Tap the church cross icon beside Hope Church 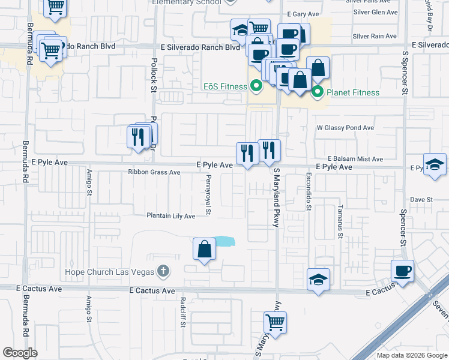click(x=161, y=271)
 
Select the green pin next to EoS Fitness click(x=256, y=86)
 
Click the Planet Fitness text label click(x=352, y=92)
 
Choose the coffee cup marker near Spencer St click(x=402, y=271)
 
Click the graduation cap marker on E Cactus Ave click(x=319, y=279)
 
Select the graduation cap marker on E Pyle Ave click(x=435, y=165)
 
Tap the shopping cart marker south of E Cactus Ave click(x=275, y=322)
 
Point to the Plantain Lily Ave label click(x=171, y=216)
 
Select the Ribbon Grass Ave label click(x=154, y=172)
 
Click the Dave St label click(x=421, y=199)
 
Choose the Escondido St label click(x=309, y=193)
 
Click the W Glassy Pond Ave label click(x=345, y=128)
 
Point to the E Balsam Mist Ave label click(x=355, y=159)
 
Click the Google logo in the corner click(x=20, y=352)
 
